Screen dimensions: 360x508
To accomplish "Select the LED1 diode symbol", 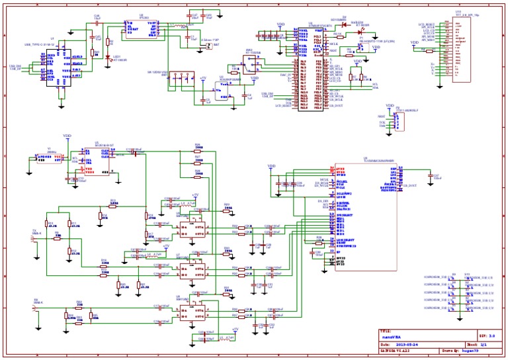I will click(x=108, y=56).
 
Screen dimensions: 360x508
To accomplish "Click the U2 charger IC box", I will click(x=142, y=27).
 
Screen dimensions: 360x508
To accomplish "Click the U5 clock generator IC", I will click(x=97, y=161).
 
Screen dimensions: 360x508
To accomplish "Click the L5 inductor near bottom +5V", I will click(x=228, y=337).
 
